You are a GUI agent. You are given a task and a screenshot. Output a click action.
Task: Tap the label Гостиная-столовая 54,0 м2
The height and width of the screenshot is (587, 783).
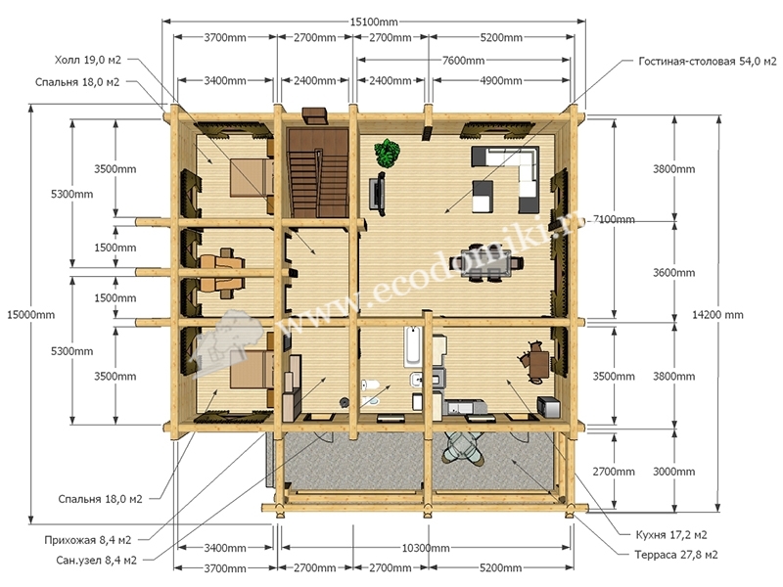pos(708,61)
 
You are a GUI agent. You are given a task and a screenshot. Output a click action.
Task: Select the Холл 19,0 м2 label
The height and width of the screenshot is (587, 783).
pos(88,60)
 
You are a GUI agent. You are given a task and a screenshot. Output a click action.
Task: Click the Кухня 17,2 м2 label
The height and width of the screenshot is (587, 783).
pos(671,534)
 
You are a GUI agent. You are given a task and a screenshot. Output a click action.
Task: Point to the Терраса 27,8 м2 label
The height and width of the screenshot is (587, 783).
pos(676,555)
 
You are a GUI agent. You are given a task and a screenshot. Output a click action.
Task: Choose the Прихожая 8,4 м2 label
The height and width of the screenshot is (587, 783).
pos(88,540)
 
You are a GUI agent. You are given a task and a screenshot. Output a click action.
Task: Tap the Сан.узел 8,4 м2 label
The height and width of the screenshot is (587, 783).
pos(96,560)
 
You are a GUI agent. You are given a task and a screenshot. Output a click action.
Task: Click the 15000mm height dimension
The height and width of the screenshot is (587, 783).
pos(31,314)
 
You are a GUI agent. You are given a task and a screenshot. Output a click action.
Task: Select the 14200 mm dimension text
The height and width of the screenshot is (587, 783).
pos(717,314)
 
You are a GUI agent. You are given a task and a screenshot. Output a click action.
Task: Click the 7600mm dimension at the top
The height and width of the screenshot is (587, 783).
pos(463,61)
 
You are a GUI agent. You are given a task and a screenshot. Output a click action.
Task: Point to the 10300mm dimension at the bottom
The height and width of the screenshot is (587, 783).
pos(426,548)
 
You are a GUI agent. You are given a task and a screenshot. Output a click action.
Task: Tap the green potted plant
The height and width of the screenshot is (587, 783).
pos(388,153)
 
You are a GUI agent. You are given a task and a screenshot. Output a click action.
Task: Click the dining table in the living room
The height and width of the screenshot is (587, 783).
pos(486,262)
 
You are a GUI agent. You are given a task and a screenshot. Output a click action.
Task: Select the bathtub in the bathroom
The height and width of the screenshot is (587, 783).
pos(412,346)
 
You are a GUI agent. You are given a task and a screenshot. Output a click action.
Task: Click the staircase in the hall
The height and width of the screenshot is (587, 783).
pos(317,172)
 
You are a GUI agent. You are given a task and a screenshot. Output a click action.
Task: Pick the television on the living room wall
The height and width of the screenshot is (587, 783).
pos(378,193)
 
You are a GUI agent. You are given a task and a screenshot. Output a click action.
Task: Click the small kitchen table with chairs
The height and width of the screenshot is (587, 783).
pos(536,361)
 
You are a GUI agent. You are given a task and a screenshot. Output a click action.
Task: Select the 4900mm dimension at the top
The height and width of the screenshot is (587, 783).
pos(501,80)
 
